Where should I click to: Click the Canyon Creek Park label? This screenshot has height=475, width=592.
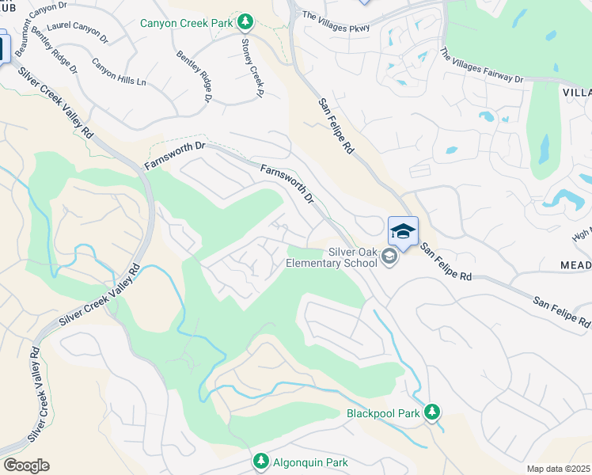pos(186,22)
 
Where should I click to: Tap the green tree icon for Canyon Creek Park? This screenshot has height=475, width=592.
pos(246,20)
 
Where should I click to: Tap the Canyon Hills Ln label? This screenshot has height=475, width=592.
pos(119,71)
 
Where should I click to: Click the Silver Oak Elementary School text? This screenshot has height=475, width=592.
pos(331,257)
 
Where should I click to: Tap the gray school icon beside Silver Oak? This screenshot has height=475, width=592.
pos(389,257)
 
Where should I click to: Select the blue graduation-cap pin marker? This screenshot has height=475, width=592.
pos(403,232)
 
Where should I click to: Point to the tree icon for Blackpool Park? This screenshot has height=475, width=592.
pos(431,412)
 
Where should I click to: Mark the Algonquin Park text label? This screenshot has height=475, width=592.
pos(309,462)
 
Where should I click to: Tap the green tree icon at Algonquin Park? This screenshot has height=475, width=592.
pos(260,461)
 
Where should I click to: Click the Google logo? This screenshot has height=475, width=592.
pos(25,465)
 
